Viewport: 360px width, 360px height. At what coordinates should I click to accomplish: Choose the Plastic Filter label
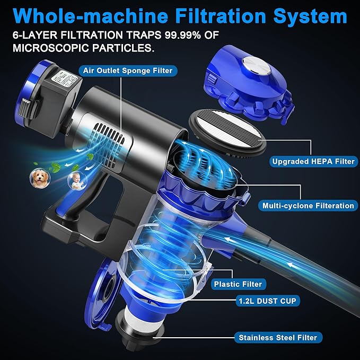click(238, 284)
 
